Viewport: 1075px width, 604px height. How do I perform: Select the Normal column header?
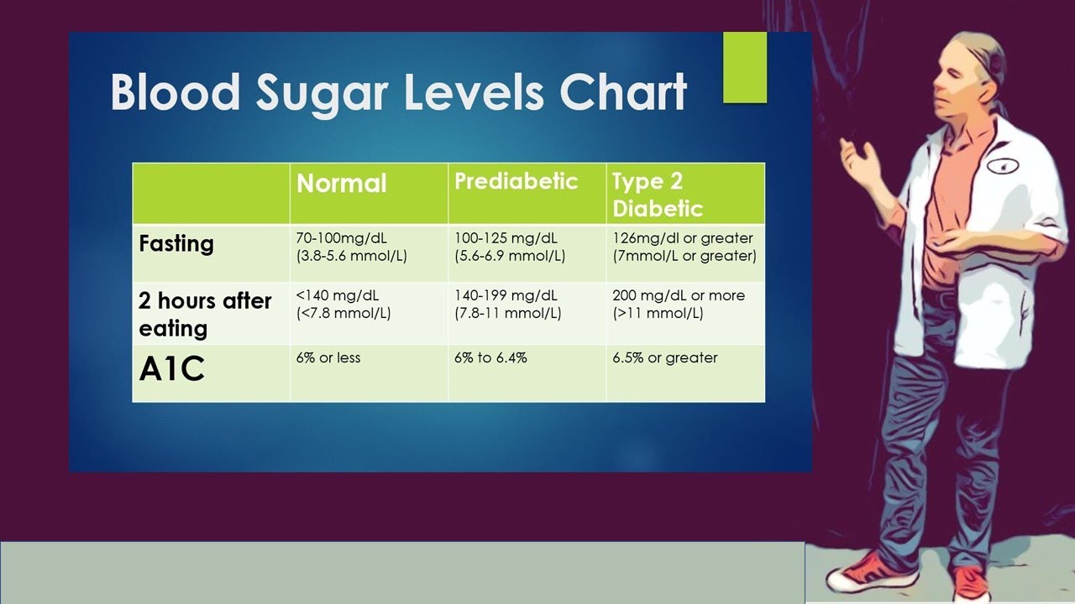click(x=342, y=184)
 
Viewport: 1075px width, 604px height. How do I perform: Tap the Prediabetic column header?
click(x=516, y=181)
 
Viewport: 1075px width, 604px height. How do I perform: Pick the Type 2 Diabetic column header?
click(x=658, y=195)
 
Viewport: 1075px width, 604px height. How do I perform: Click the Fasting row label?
click(x=176, y=244)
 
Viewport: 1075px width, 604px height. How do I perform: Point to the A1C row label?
click(x=172, y=370)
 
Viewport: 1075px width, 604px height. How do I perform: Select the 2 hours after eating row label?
click(x=205, y=314)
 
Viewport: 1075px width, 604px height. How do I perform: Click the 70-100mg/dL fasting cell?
click(x=352, y=247)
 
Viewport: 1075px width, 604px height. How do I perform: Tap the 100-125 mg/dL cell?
click(x=510, y=247)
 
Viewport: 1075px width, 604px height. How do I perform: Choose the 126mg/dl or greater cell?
click(x=684, y=247)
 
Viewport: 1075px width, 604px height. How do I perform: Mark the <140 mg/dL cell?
click(x=343, y=305)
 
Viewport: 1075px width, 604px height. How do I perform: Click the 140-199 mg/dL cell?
click(x=508, y=305)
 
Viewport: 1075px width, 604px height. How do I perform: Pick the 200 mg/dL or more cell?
click(x=679, y=305)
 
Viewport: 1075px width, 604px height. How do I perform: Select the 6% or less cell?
click(x=328, y=358)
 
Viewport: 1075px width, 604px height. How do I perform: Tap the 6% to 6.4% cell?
click(x=490, y=358)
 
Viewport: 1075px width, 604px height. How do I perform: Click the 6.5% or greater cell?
click(x=665, y=358)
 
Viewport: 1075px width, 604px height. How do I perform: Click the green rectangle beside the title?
click(x=745, y=68)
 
